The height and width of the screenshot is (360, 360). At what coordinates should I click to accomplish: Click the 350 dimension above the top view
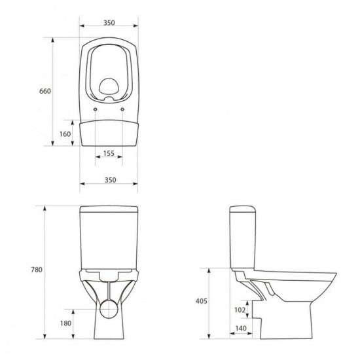[x=109, y=22]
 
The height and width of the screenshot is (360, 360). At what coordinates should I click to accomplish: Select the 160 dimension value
[x=63, y=134]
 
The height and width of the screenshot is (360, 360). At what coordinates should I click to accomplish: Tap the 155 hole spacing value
[x=109, y=153]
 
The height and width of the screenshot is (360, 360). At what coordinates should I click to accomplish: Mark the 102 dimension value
[x=222, y=310]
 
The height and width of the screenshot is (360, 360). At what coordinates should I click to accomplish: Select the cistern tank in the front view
[x=109, y=236]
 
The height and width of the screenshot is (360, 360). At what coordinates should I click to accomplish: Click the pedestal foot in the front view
[x=109, y=331]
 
